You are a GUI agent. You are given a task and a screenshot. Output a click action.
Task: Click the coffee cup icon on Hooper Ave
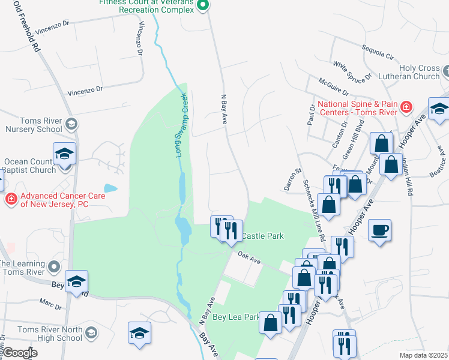pyautogui.click(x=381, y=230)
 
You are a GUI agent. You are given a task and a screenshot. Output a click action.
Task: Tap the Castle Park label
pyautogui.click(x=262, y=236)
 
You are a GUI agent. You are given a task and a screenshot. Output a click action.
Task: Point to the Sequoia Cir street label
pyautogui.click(x=377, y=52)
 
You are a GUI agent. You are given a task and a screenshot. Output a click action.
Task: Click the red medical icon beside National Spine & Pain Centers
pyautogui.click(x=406, y=107)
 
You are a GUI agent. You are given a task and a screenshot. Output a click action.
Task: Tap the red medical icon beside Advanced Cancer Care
pyautogui.click(x=11, y=199)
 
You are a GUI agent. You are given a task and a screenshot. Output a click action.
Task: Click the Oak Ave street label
pyautogui.click(x=249, y=258)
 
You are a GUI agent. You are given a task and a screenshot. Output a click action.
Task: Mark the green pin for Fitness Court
pyautogui.click(x=203, y=6)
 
